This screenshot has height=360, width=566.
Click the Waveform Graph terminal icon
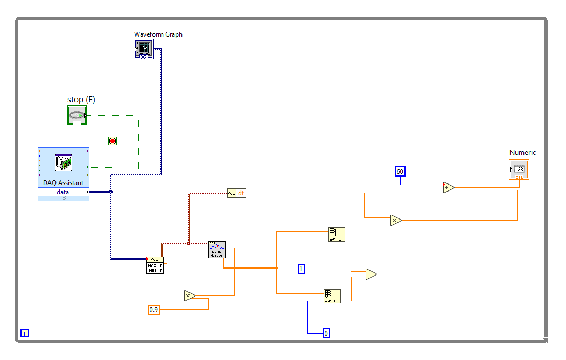point(144,50)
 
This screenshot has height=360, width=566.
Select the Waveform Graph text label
point(158,34)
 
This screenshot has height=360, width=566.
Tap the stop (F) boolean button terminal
point(77,115)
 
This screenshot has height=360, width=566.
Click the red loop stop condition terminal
point(113,141)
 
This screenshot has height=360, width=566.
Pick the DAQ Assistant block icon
point(64,163)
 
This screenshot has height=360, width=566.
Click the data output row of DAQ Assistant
point(64,192)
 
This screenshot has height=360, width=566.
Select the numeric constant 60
point(400,172)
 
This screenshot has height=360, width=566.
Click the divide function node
point(449,188)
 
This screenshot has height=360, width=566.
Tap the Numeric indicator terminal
point(519,170)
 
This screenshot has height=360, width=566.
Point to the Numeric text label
point(522,153)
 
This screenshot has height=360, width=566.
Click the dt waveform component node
point(236,193)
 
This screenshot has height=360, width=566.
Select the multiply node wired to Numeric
point(396,220)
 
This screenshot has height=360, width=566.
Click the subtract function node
point(371,274)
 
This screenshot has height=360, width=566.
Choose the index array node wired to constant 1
point(336,234)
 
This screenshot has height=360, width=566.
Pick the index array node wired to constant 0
point(332,296)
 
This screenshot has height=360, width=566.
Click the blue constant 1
point(302,269)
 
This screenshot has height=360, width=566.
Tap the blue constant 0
point(326,333)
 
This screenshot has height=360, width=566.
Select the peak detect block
point(217,250)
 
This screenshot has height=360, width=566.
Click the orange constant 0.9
point(154,309)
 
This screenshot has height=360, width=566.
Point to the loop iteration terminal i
point(25,333)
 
